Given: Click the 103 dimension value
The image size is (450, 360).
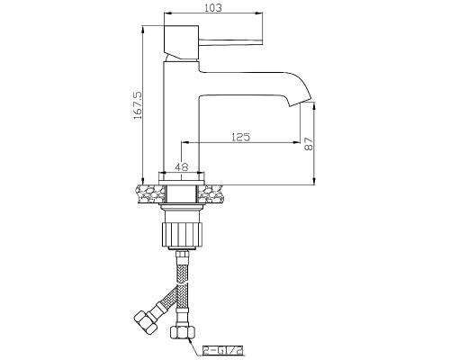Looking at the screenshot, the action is [x=213, y=8].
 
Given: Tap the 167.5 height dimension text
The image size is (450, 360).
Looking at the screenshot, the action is [x=139, y=105].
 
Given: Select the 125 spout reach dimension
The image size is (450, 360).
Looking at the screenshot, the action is [x=240, y=137].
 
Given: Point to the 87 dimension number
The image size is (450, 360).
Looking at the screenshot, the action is [x=309, y=144].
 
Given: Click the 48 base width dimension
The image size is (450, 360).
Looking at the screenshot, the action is [x=182, y=166].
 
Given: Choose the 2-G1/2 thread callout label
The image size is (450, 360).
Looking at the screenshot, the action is [x=222, y=350].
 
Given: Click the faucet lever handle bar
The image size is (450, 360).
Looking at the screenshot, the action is [x=230, y=42].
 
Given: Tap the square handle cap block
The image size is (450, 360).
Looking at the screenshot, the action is [x=181, y=42].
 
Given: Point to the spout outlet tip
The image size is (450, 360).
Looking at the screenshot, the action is [x=300, y=102].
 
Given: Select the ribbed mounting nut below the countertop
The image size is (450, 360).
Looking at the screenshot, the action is [x=182, y=234].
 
